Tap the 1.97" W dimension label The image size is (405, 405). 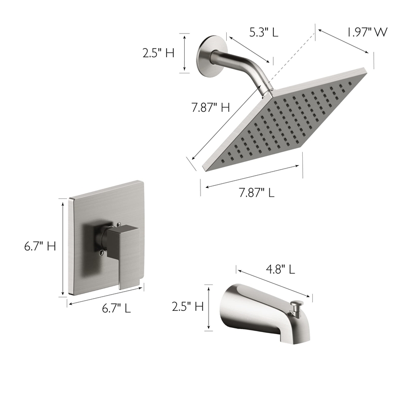tap(367, 32)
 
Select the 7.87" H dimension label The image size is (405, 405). tap(211, 107)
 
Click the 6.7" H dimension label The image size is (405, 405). tap(40, 247)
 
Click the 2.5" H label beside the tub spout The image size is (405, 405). tap(188, 306)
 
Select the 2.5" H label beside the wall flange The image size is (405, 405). tap(158, 53)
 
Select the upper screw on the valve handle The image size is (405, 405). tap(118, 224)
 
